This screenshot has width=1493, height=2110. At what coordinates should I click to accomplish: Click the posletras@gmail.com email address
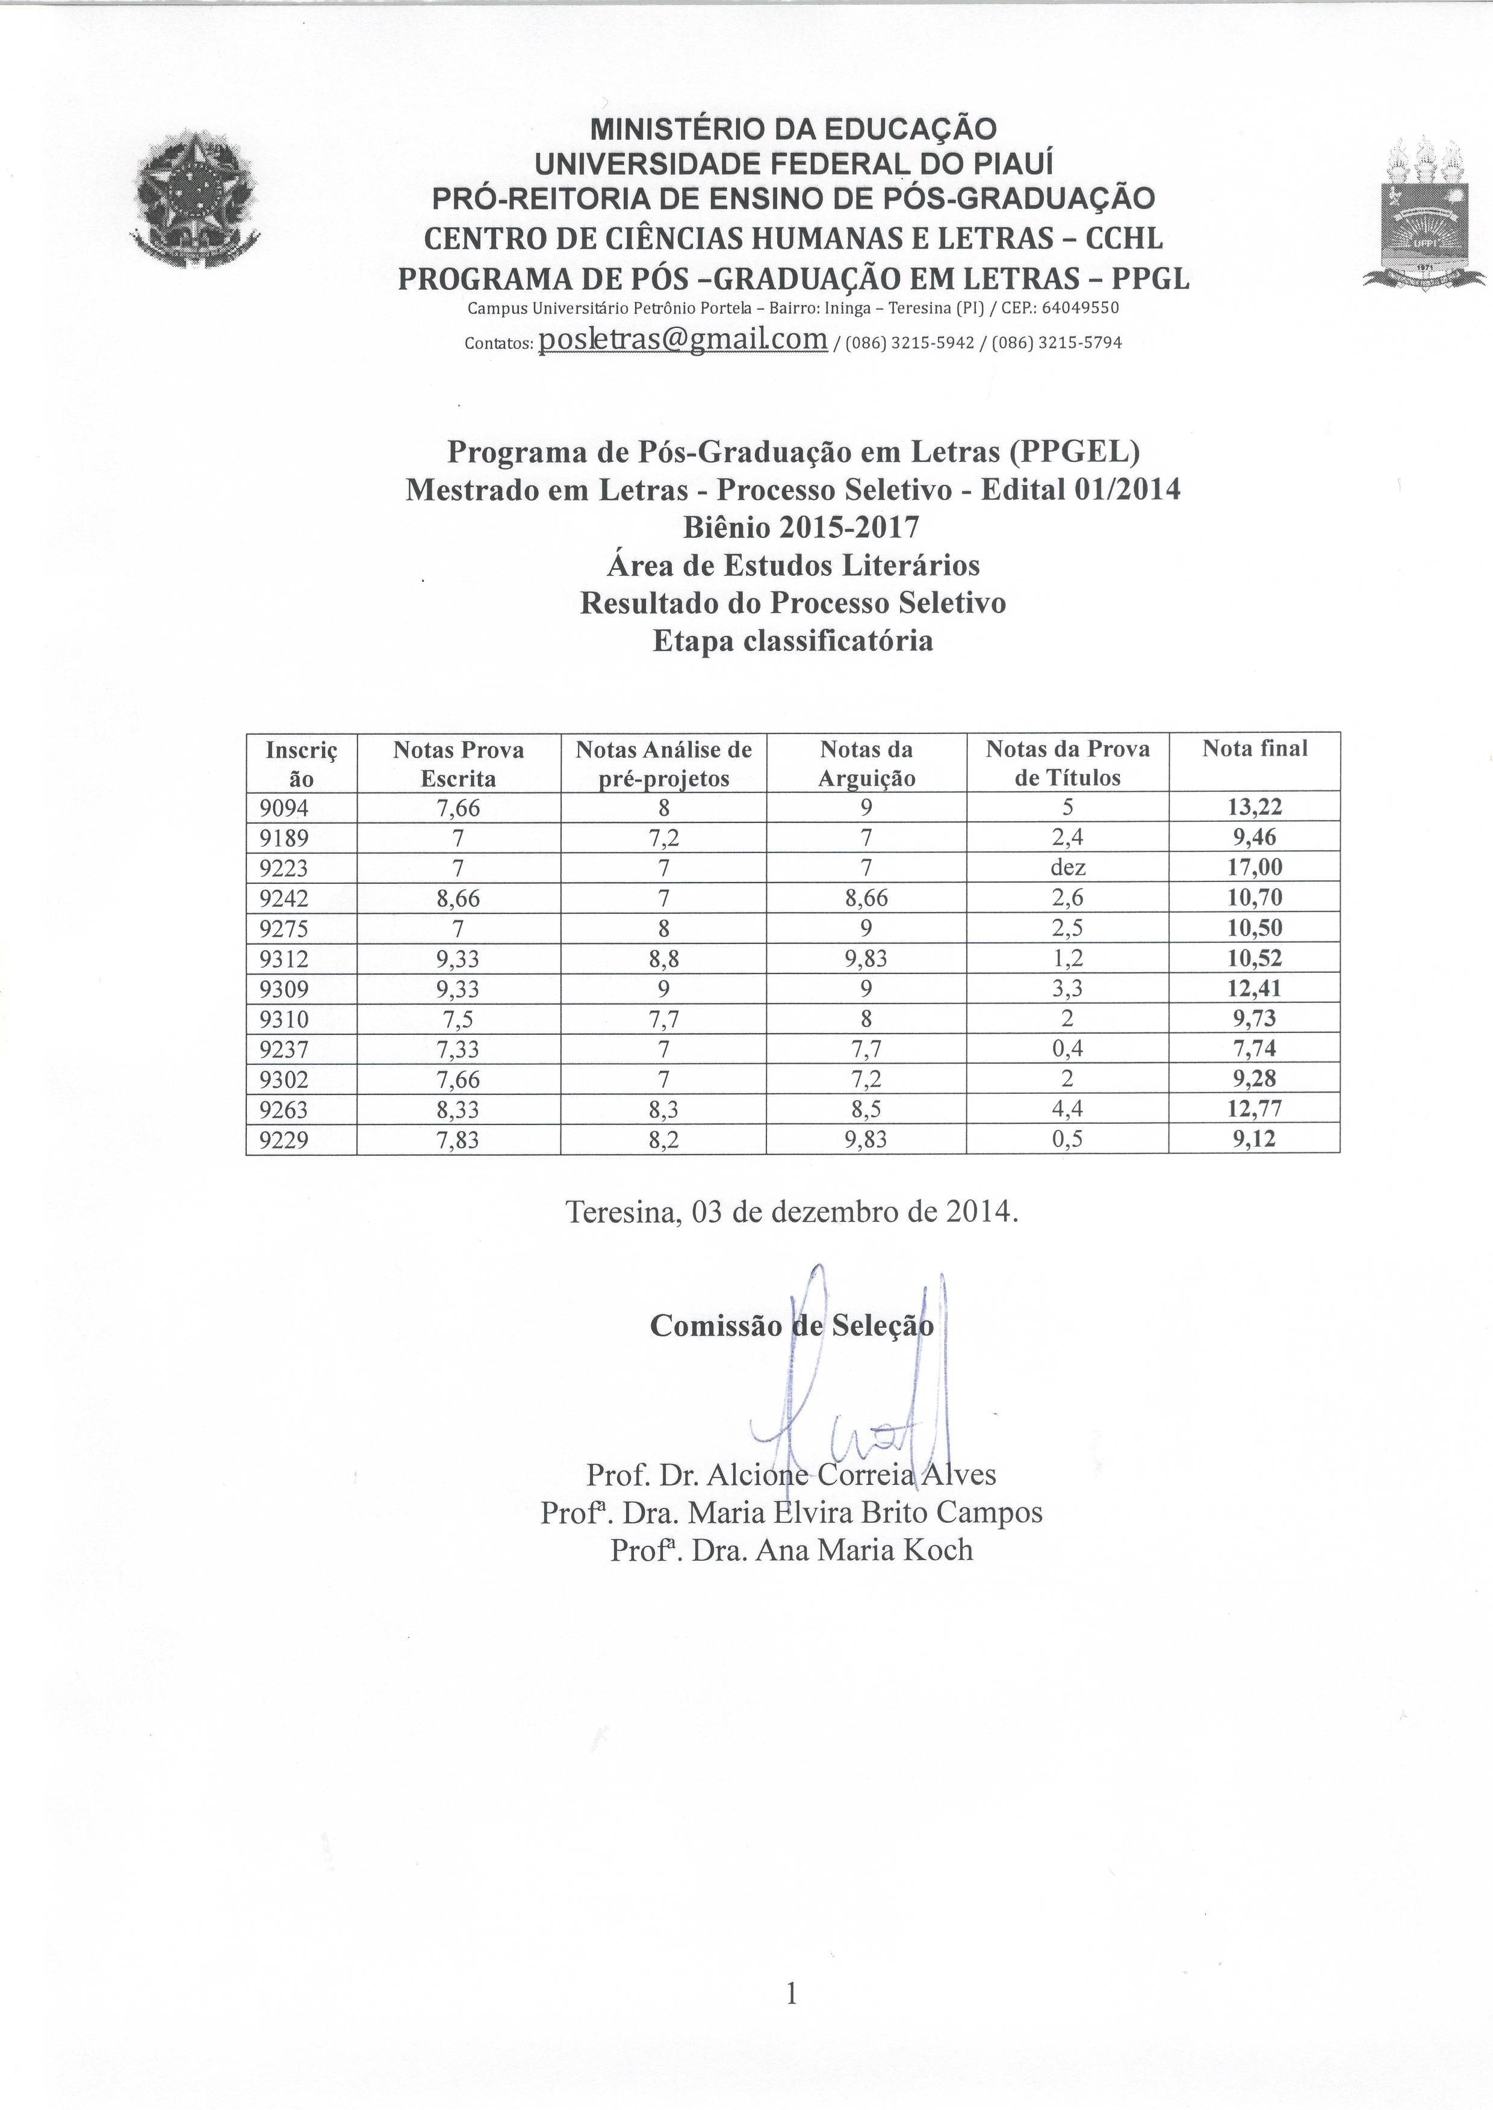[683, 339]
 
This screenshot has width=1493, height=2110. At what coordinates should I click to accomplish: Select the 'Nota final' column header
[1254, 749]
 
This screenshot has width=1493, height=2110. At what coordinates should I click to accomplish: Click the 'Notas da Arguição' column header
[866, 763]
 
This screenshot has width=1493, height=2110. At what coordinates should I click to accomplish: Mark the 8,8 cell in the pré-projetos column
[663, 958]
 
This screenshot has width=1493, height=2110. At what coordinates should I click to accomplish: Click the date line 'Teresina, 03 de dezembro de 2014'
[792, 1212]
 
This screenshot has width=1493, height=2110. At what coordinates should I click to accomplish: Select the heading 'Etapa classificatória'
[792, 641]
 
